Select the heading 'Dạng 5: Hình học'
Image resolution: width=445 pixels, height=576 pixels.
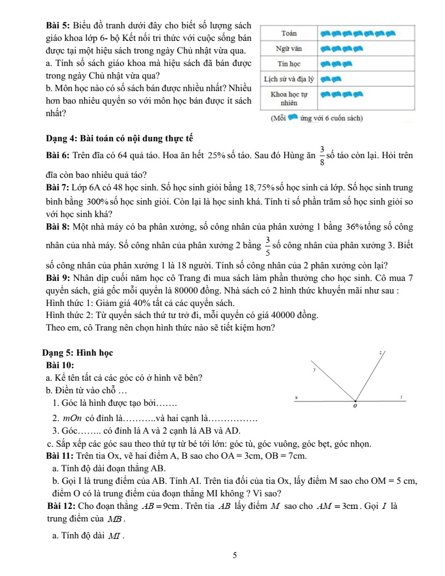[x=77, y=338]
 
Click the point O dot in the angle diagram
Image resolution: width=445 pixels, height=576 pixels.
[x=356, y=399]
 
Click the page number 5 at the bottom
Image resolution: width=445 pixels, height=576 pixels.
[x=234, y=556]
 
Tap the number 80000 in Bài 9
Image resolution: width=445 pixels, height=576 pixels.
[x=179, y=290]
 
